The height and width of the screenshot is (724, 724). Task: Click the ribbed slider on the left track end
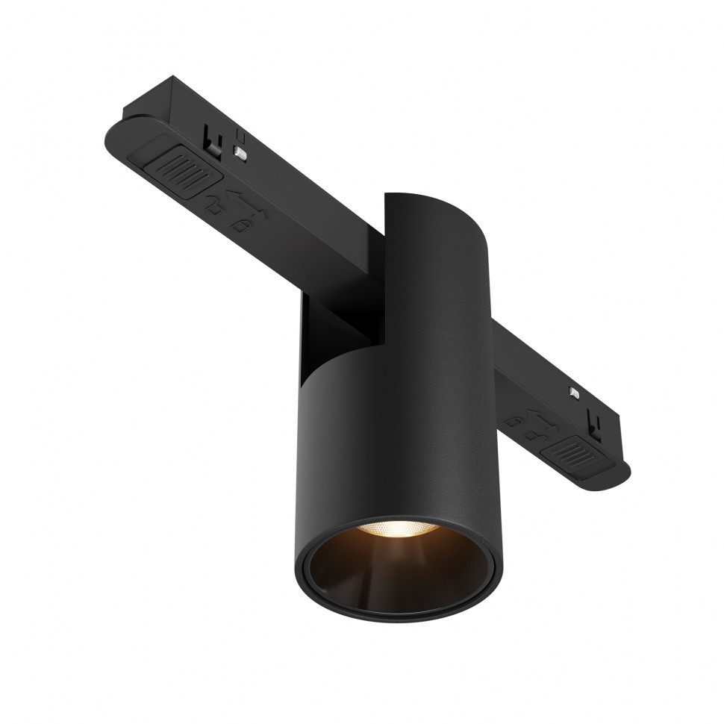181,175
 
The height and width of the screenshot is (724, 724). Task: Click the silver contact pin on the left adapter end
240,152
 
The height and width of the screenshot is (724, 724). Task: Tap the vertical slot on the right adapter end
595,423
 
